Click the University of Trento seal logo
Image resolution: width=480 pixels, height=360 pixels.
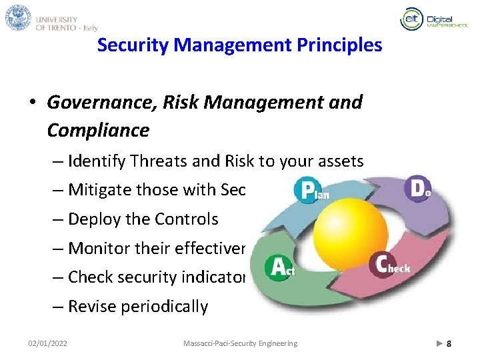click(x=18, y=17)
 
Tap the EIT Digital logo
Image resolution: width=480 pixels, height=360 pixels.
click(x=427, y=20)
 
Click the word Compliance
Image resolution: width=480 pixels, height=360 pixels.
click(x=98, y=130)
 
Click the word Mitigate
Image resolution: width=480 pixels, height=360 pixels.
click(x=99, y=190)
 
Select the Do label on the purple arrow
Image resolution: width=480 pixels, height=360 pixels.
click(x=419, y=189)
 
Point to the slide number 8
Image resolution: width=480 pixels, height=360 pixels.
click(x=449, y=343)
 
